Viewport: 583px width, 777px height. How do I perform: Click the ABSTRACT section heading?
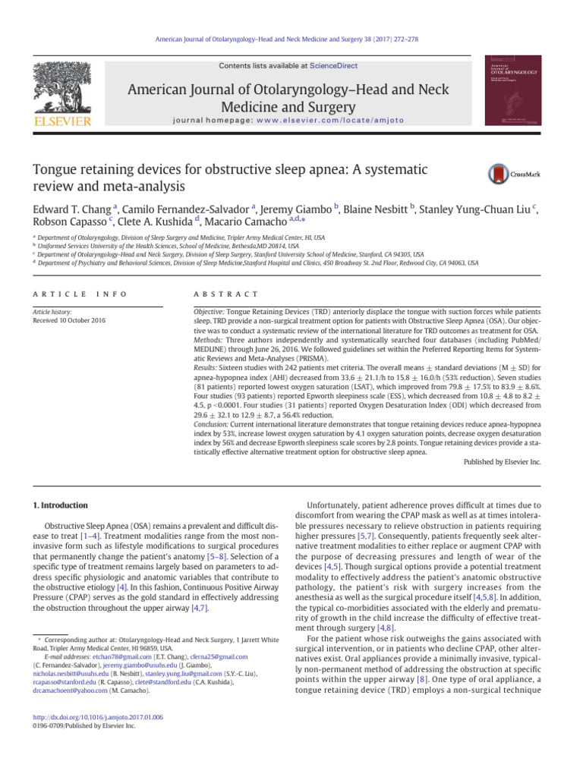coord(227,294)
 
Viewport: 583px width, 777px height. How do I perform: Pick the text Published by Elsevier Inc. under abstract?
coord(501,461)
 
